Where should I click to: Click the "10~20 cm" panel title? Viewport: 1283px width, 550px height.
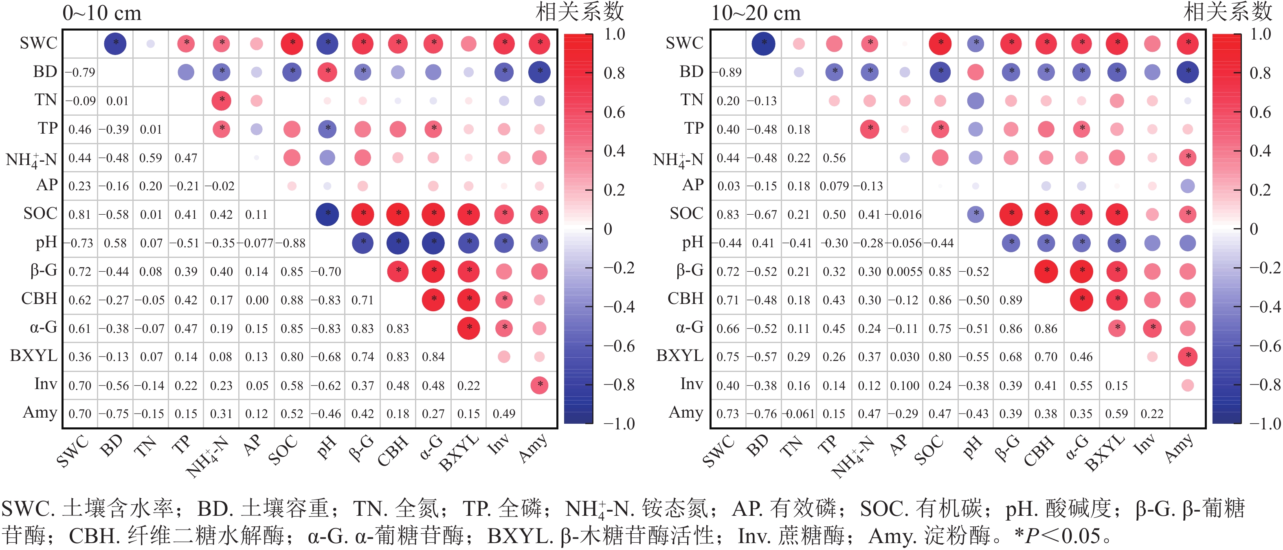[755, 13]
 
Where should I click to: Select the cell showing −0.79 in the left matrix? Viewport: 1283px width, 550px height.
[80, 72]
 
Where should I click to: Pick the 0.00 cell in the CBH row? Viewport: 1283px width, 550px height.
[257, 300]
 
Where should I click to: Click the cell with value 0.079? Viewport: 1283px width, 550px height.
[834, 186]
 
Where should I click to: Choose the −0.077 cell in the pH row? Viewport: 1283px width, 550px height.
[257, 244]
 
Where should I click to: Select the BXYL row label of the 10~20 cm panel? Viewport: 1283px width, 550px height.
[679, 356]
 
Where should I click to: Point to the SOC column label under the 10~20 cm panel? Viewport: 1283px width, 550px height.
[929, 450]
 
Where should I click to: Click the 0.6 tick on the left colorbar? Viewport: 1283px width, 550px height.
[614, 112]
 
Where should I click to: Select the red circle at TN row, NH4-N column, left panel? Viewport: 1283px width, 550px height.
[221, 101]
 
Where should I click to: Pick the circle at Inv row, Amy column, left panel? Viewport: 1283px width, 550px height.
[539, 385]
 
